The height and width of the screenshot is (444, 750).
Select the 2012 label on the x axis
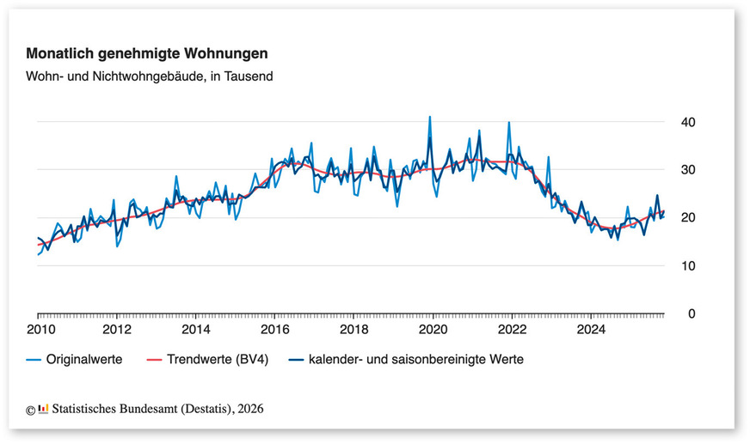tap(117, 329)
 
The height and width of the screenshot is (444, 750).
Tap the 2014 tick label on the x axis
tap(196, 329)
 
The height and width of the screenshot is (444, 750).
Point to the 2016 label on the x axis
tap(275, 329)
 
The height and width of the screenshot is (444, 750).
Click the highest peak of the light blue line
tap(430, 117)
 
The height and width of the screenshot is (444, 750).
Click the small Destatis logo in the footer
tap(43, 409)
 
